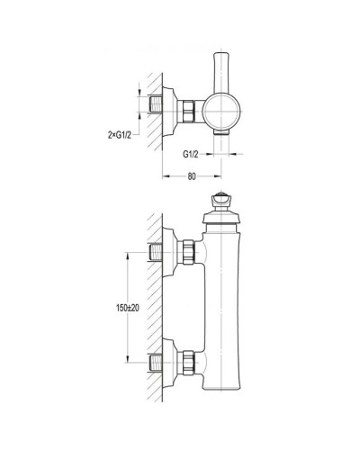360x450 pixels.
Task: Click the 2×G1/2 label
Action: [x=120, y=135]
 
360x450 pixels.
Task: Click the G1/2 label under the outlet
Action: [x=191, y=155]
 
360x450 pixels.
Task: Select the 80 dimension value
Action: [x=192, y=176]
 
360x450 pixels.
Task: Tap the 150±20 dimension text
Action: [x=128, y=308]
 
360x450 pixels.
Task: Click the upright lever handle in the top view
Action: [x=221, y=73]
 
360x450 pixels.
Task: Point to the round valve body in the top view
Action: [x=221, y=112]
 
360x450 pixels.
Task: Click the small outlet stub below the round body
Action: [x=221, y=132]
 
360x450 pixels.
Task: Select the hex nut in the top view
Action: [x=186, y=112]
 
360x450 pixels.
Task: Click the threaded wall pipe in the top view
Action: [x=156, y=104]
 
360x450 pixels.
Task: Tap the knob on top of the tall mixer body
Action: [x=221, y=201]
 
